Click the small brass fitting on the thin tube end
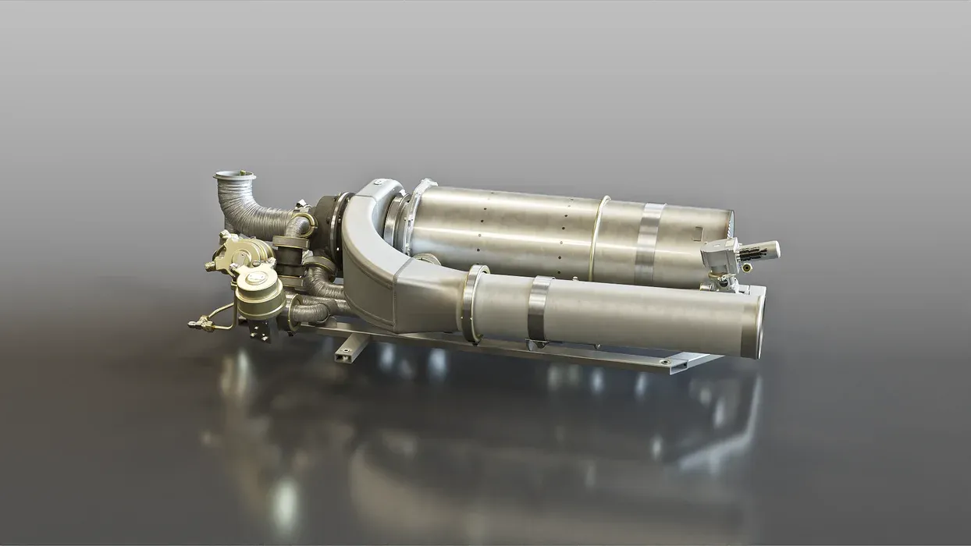click(x=195, y=321)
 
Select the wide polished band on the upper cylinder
click(x=649, y=242)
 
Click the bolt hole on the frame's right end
click(x=664, y=362)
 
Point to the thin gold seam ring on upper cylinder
click(x=599, y=234)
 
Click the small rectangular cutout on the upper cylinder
click(x=697, y=229)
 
